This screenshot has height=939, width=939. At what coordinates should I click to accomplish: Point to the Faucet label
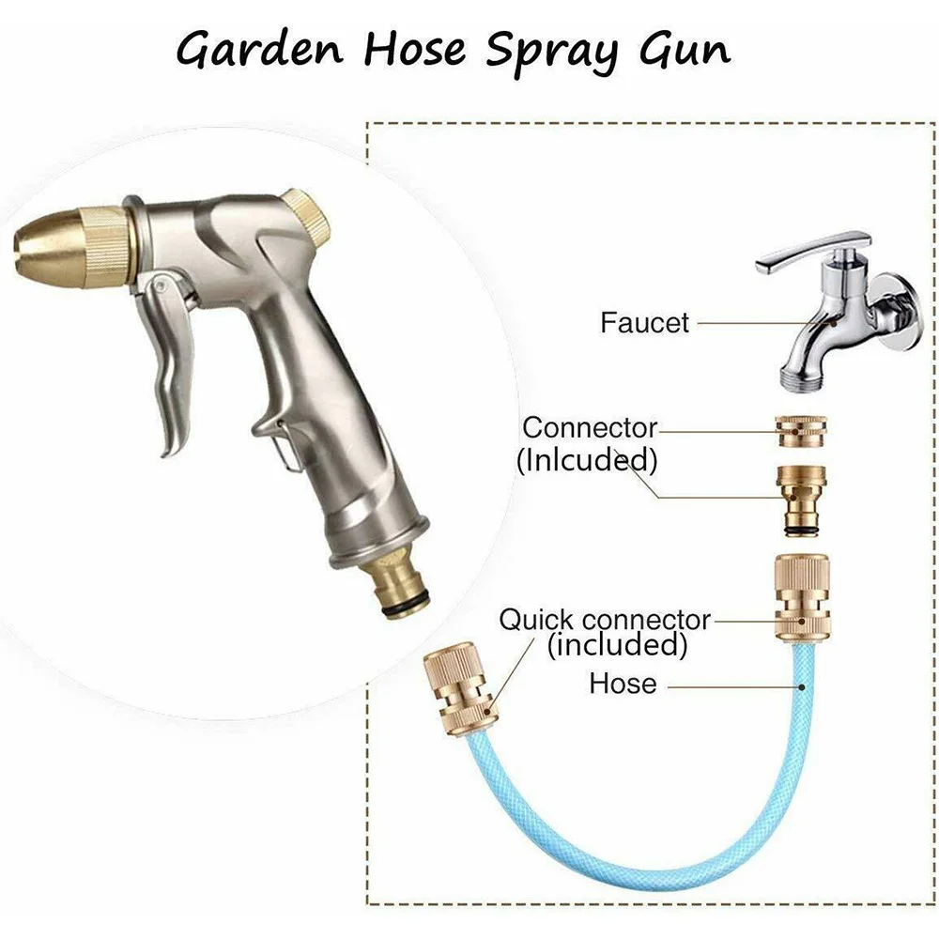[x=644, y=322]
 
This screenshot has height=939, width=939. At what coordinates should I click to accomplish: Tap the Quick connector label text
[x=605, y=620]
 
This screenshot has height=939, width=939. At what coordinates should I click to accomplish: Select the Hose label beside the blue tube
[x=623, y=683]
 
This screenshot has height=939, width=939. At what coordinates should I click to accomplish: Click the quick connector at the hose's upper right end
[x=801, y=595]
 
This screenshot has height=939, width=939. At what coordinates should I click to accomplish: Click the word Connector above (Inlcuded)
[x=589, y=428]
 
